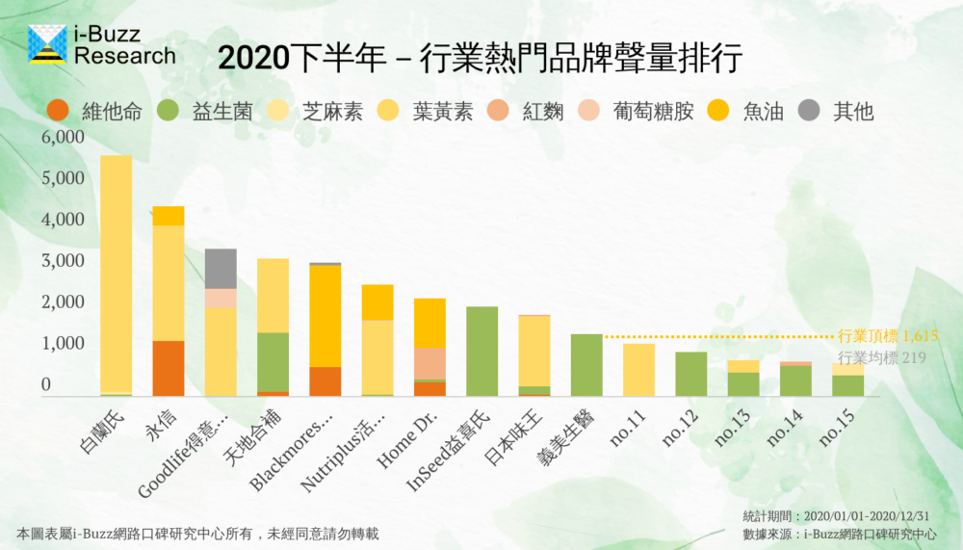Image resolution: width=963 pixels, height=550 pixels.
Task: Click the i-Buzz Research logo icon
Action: click(47, 44)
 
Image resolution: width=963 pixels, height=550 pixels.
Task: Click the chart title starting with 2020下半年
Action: click(480, 59)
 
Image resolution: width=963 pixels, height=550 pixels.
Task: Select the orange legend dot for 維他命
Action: click(60, 112)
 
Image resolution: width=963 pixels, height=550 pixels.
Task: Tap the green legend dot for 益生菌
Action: click(169, 112)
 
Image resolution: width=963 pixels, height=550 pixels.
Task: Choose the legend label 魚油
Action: click(762, 112)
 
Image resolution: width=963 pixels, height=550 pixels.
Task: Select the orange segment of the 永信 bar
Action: click(169, 368)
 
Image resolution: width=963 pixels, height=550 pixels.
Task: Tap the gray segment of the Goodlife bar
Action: click(221, 269)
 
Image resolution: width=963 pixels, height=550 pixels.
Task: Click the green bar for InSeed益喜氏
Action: click(481, 351)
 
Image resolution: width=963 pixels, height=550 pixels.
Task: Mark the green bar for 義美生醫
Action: click(586, 365)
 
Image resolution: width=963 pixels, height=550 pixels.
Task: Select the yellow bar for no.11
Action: click(638, 370)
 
